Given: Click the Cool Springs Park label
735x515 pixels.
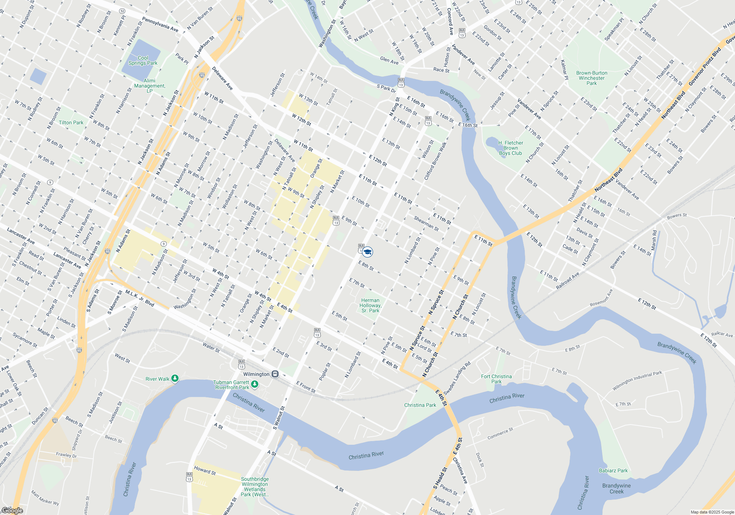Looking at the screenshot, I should pos(143,61).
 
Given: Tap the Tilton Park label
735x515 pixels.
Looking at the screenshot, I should pos(71,122).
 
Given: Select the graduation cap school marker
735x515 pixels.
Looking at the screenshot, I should pos(367,252).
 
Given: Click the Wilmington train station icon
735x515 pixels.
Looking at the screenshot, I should pos(275,374).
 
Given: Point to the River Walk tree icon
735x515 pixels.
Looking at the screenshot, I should pos(175,379).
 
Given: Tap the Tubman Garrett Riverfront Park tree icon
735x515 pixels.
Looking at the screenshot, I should pos(255,384).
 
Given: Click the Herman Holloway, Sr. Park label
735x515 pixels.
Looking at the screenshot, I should pos(370,305).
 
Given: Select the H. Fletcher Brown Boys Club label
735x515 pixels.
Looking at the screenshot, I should pos(510,148).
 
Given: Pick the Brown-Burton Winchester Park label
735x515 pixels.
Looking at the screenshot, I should pos(592,78).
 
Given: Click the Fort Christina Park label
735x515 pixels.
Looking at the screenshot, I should pos(496,379).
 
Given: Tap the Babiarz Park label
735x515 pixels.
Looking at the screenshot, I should pos(613,470).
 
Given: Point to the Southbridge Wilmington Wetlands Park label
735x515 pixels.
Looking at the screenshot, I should pos(255,487).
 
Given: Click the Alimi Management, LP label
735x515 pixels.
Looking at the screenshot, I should pos(150,86).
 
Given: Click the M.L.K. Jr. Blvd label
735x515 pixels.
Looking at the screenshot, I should pos(140,298).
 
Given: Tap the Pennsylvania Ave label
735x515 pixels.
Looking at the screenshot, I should pos(160,25).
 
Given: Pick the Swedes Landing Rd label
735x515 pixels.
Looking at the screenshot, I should pos(457,378).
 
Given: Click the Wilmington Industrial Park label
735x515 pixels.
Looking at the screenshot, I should pos(637,381).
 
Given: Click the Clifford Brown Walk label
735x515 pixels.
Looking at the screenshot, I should pos(435,161).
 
